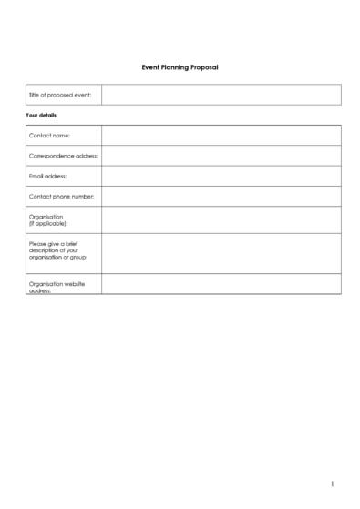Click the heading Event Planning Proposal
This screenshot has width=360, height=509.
point(180,67)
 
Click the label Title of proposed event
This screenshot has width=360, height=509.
point(59,95)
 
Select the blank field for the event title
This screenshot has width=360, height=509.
point(221,95)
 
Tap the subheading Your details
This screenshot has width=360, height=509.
point(41,116)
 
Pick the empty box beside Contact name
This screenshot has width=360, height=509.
point(221,136)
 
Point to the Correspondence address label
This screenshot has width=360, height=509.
point(63,156)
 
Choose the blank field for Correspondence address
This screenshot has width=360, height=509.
point(221,156)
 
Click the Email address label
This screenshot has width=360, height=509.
point(48,176)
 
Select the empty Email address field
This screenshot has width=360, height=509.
point(221,176)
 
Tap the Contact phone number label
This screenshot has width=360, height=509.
point(61,196)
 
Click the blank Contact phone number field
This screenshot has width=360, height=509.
point(221,196)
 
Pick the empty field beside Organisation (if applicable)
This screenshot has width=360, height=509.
point(221,219)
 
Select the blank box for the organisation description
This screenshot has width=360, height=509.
point(221,253)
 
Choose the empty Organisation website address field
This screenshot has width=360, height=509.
point(221,284)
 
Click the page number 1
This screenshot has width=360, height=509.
point(333,484)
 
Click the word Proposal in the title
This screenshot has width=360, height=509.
point(204,67)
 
